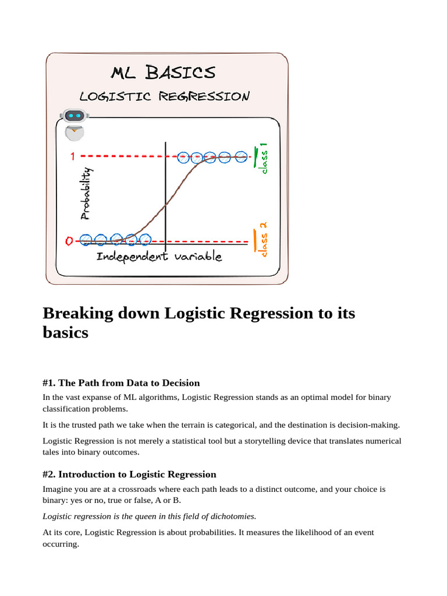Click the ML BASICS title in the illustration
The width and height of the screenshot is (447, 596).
click(x=163, y=73)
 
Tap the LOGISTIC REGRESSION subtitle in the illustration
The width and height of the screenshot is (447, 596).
click(x=164, y=96)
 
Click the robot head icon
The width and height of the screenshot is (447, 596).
click(x=74, y=116)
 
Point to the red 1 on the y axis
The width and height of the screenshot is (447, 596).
click(x=73, y=157)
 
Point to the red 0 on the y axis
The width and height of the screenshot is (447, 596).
click(x=69, y=240)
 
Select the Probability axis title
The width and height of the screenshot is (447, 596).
click(x=86, y=193)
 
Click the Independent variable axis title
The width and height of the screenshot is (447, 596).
click(x=159, y=257)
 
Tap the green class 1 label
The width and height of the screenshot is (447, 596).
click(x=264, y=157)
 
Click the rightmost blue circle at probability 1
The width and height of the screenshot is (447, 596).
click(x=240, y=157)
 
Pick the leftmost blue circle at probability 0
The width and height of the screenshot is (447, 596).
click(x=86, y=239)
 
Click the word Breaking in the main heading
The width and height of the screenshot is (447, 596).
click(x=79, y=313)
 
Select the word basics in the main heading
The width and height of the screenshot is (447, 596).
click(x=65, y=333)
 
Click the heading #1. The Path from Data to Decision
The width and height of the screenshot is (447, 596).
click(x=121, y=383)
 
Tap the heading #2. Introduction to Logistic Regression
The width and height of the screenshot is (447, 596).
click(x=129, y=474)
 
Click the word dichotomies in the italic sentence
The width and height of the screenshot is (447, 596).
click(x=232, y=516)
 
